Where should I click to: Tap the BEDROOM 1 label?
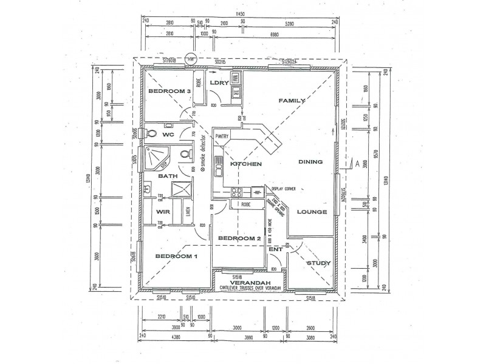tap(176, 257)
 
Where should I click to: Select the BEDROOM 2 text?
tap(239, 238)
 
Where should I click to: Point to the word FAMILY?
tap(291, 100)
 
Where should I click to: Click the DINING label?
tap(310, 162)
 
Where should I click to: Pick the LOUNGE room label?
tap(312, 212)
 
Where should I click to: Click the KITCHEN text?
tap(246, 164)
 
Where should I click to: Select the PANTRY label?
tap(221, 136)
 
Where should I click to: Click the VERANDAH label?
tap(246, 283)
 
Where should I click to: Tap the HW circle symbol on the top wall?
tap(191, 59)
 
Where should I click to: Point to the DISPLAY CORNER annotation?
tap(283, 189)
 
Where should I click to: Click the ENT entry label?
tap(275, 249)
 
